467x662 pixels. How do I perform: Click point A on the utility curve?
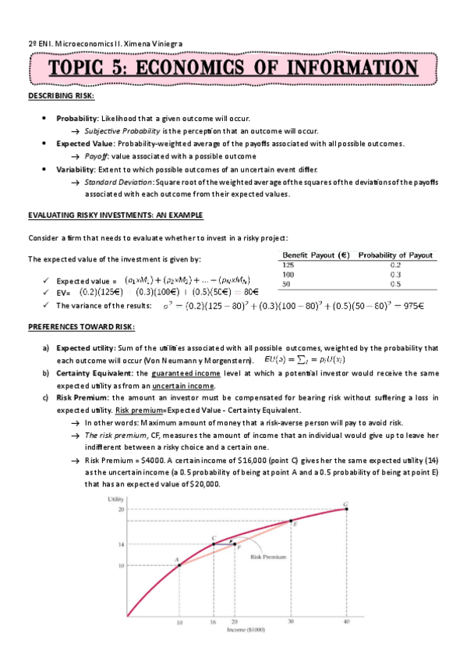pos(179,564)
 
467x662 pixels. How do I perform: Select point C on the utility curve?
pos(214,544)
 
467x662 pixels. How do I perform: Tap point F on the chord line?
pos(235,544)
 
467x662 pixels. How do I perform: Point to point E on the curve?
pos(292,521)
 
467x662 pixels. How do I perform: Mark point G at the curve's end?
pos(347,508)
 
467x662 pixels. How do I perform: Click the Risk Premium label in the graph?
pos(268,557)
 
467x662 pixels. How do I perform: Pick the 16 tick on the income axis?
pos(214,622)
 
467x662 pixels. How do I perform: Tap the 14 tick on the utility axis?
pos(121,544)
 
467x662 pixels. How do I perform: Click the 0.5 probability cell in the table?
pos(394,284)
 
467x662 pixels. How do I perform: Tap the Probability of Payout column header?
pos(396,256)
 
